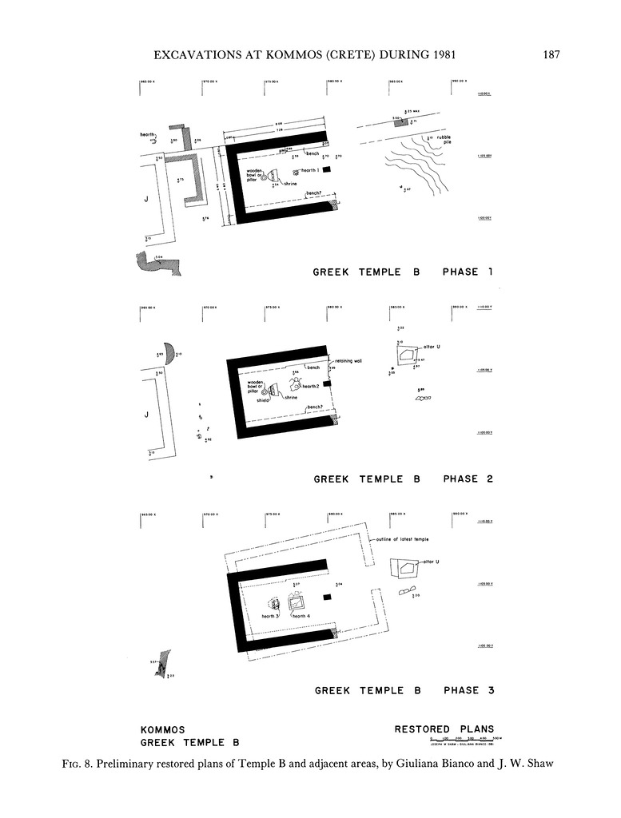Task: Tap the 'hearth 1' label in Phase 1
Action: [310, 170]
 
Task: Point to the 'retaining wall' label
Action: [348, 361]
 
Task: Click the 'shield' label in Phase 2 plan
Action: [262, 400]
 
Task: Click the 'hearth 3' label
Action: [269, 616]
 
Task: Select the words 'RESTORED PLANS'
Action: [444, 729]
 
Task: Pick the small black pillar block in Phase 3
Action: [326, 597]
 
